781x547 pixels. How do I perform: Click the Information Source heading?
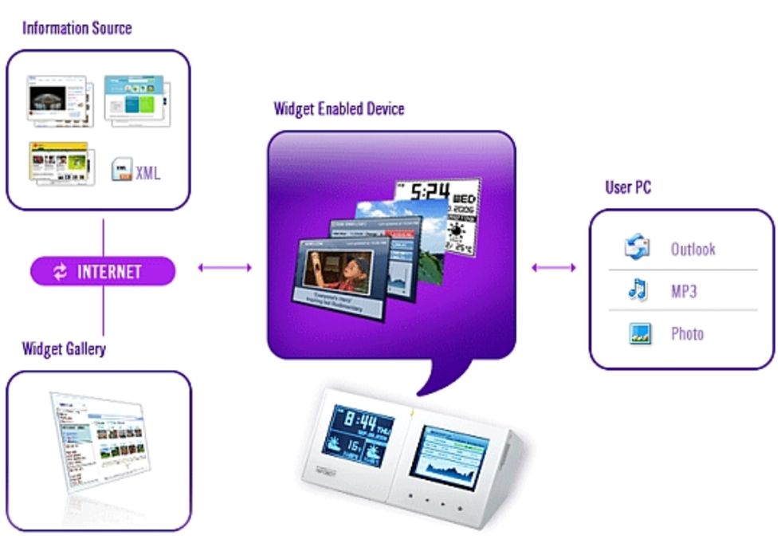[x=77, y=28]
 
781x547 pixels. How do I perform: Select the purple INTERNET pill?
[x=102, y=271]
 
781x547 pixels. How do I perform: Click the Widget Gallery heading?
[x=64, y=348]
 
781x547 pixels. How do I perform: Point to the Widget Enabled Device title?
[x=339, y=108]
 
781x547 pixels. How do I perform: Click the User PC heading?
[x=628, y=188]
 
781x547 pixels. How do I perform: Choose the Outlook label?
[x=693, y=250]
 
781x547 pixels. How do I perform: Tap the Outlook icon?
[x=638, y=248]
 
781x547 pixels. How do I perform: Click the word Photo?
[x=687, y=333]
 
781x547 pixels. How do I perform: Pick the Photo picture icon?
[x=639, y=333]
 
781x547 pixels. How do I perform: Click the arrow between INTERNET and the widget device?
[x=225, y=268]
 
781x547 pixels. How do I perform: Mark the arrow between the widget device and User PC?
[x=553, y=268]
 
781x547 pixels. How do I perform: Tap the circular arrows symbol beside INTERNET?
[x=61, y=272]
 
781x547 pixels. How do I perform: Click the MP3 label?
[x=683, y=291]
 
